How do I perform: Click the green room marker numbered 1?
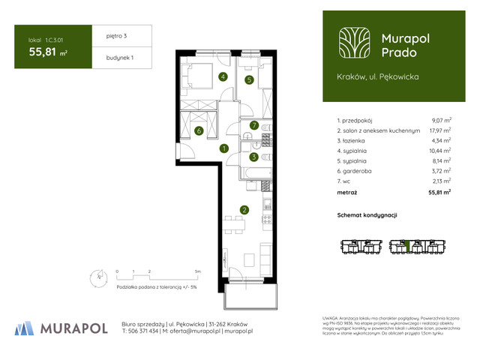pyautogui.click(x=223, y=148)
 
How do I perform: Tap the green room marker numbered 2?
pyautogui.click(x=244, y=210)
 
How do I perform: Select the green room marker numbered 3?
pyautogui.click(x=254, y=157)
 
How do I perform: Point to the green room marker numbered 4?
pyautogui.click(x=223, y=76)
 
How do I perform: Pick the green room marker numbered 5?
pyautogui.click(x=249, y=79)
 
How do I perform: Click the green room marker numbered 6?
pyautogui.click(x=199, y=131)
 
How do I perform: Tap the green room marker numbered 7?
pyautogui.click(x=254, y=125)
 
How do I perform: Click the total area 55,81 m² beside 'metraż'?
pyautogui.click(x=439, y=193)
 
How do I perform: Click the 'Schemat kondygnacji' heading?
pyautogui.click(x=367, y=215)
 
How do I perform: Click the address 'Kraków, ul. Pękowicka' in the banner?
pyautogui.click(x=377, y=76)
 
